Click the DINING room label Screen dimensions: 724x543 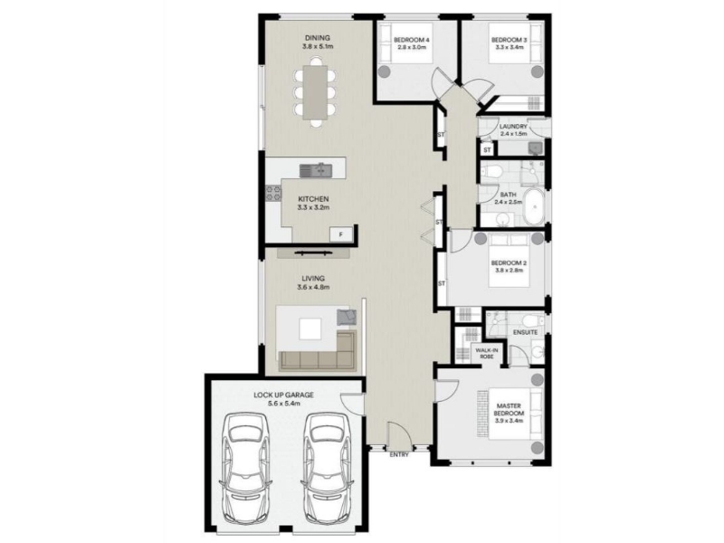click(318, 38)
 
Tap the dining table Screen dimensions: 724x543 click(315, 93)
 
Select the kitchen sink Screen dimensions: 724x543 click(315, 171)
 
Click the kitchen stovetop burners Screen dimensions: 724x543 click(273, 193)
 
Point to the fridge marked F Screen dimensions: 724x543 click(341, 234)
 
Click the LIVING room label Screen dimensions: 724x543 click(313, 279)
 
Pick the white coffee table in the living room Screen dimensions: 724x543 click(310, 329)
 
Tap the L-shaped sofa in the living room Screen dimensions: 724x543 click(319, 353)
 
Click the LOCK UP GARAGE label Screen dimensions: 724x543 click(283, 395)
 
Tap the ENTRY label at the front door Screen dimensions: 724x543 click(399, 455)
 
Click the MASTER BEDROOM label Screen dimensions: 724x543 click(509, 409)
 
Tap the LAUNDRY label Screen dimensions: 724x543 click(513, 127)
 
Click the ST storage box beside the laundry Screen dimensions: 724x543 click(487, 149)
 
